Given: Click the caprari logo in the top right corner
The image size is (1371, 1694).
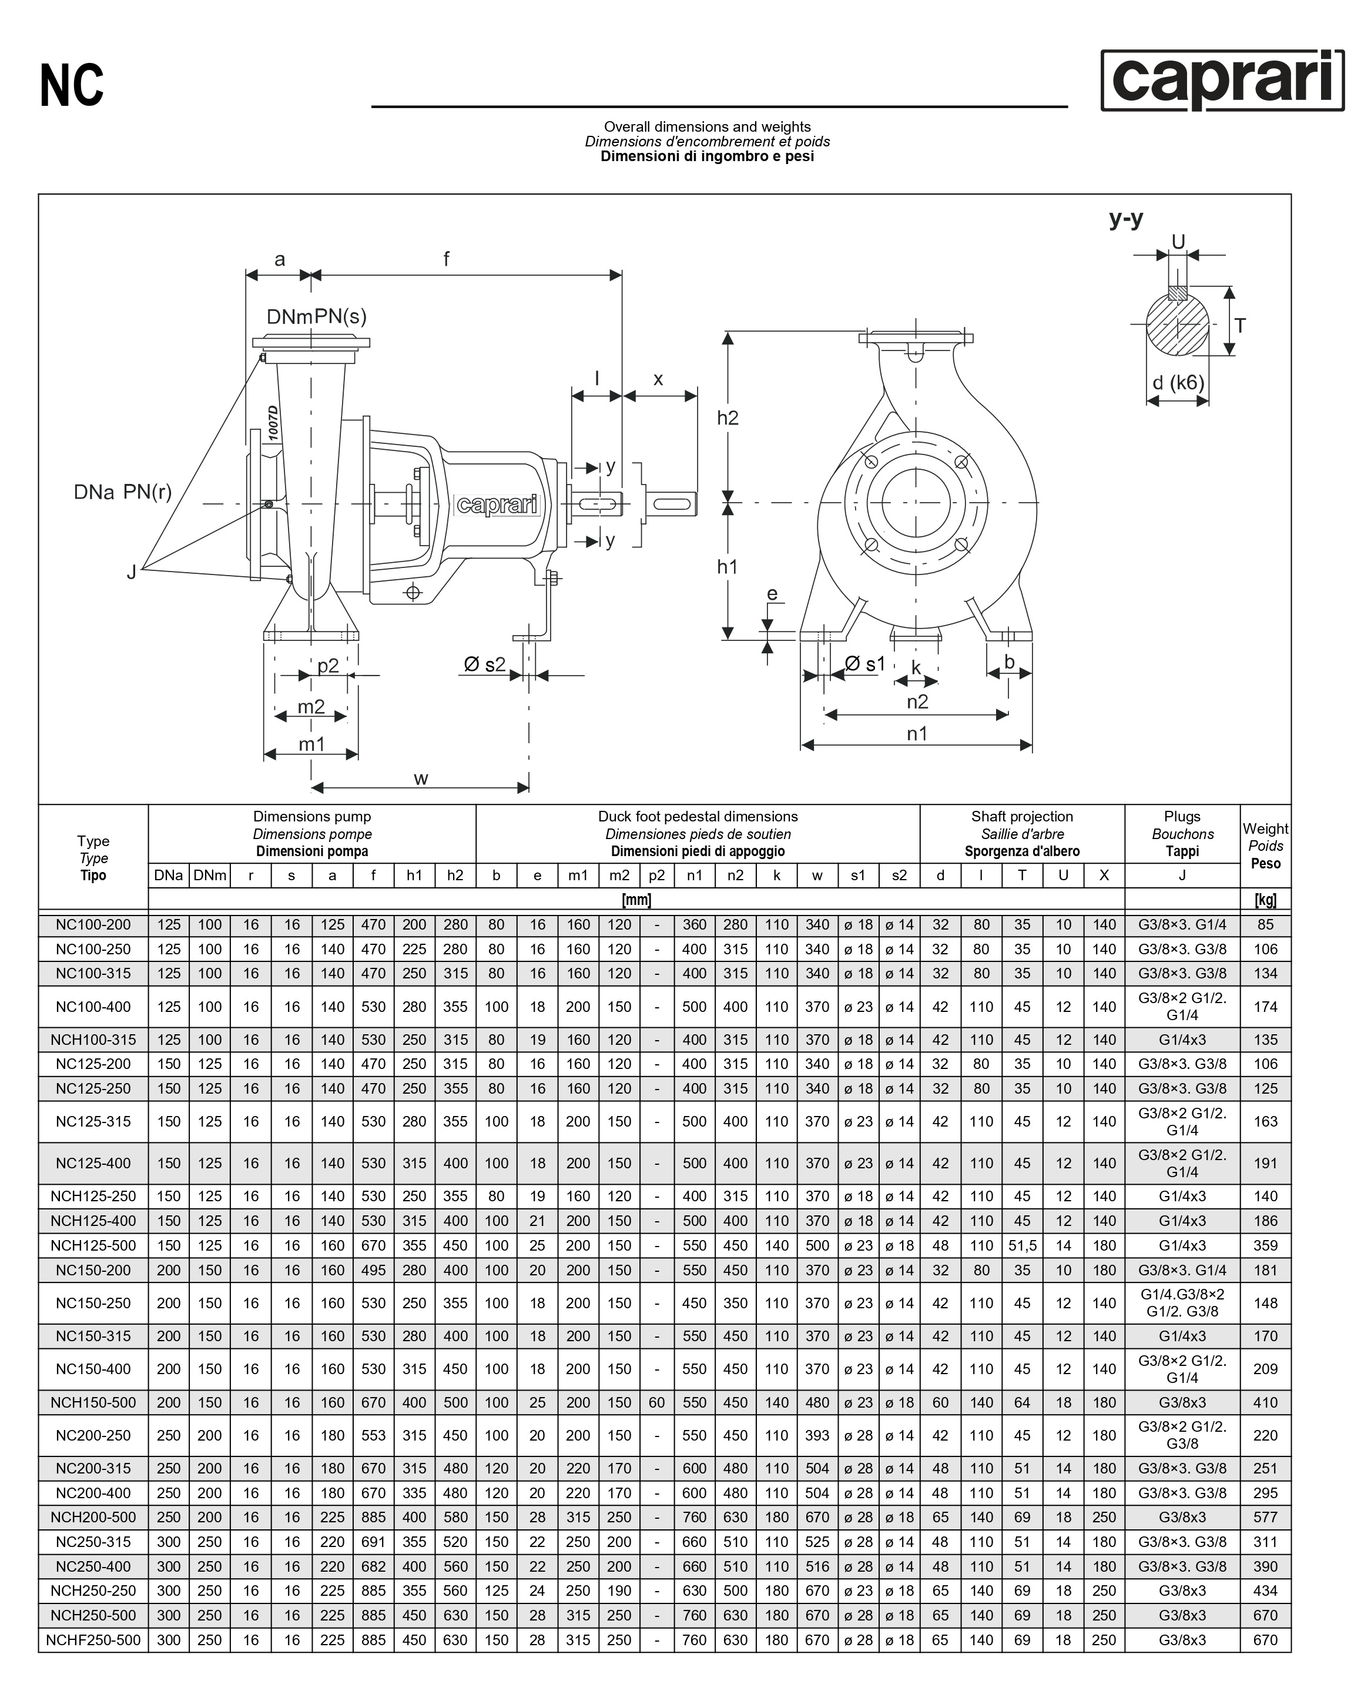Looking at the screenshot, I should pos(1222,81).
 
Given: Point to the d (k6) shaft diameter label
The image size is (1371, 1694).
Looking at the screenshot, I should pos(1178,383).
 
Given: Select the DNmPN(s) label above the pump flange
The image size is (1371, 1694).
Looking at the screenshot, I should pos(317,317).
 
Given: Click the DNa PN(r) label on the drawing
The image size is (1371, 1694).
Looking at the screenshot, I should pos(122,492).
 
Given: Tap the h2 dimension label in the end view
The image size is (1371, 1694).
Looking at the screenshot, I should pos(728,418).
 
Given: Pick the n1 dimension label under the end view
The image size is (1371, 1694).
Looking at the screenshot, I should pos(917,734).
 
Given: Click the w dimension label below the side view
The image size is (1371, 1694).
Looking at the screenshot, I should pos(421,779).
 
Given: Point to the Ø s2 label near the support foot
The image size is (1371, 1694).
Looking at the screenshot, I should pos(484,664).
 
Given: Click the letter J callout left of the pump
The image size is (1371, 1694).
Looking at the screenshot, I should pos(131,572).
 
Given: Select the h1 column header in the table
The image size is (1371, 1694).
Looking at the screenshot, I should pos(414,875).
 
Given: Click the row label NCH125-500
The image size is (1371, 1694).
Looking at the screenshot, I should pos(93,1245).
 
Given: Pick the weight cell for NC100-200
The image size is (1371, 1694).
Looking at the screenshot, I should pos(1265,924).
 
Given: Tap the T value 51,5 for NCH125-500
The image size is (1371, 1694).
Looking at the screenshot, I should pos(1022,1245).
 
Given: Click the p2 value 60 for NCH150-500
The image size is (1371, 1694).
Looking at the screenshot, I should pos(656,1402).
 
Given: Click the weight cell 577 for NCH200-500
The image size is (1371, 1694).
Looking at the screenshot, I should pos(1265,1517).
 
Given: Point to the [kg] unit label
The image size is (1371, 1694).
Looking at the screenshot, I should pos(1265,899).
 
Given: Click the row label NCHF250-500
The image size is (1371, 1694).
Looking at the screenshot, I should pos(93,1639).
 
